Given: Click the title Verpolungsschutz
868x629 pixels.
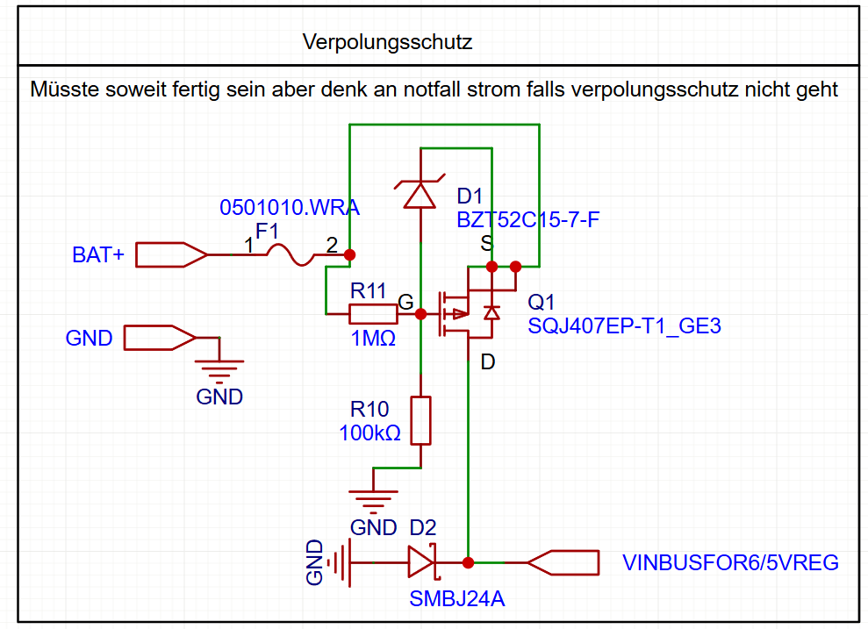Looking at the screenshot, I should tap(387, 41).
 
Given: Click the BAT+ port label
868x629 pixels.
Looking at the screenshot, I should tap(98, 255).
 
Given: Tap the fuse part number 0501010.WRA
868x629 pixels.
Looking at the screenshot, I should tap(290, 209).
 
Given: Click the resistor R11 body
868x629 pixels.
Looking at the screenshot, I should tap(374, 313).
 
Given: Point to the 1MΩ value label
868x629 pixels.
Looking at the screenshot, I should tap(373, 338).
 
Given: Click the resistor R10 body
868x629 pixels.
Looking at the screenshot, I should tap(421, 420).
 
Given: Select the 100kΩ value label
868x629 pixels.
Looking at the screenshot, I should tap(369, 432).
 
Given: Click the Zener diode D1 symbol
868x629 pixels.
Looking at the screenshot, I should tap(421, 193).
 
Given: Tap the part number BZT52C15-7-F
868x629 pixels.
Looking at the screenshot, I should tap(528, 219).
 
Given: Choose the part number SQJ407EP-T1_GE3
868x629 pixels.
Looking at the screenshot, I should tap(624, 326).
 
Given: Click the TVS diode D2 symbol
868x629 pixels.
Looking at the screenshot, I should tap(423, 561).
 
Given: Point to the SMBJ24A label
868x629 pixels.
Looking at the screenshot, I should tap(456, 600).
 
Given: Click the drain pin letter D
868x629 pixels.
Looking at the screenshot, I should tap(488, 362).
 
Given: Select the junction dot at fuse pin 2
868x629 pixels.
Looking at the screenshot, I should tap(349, 255).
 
